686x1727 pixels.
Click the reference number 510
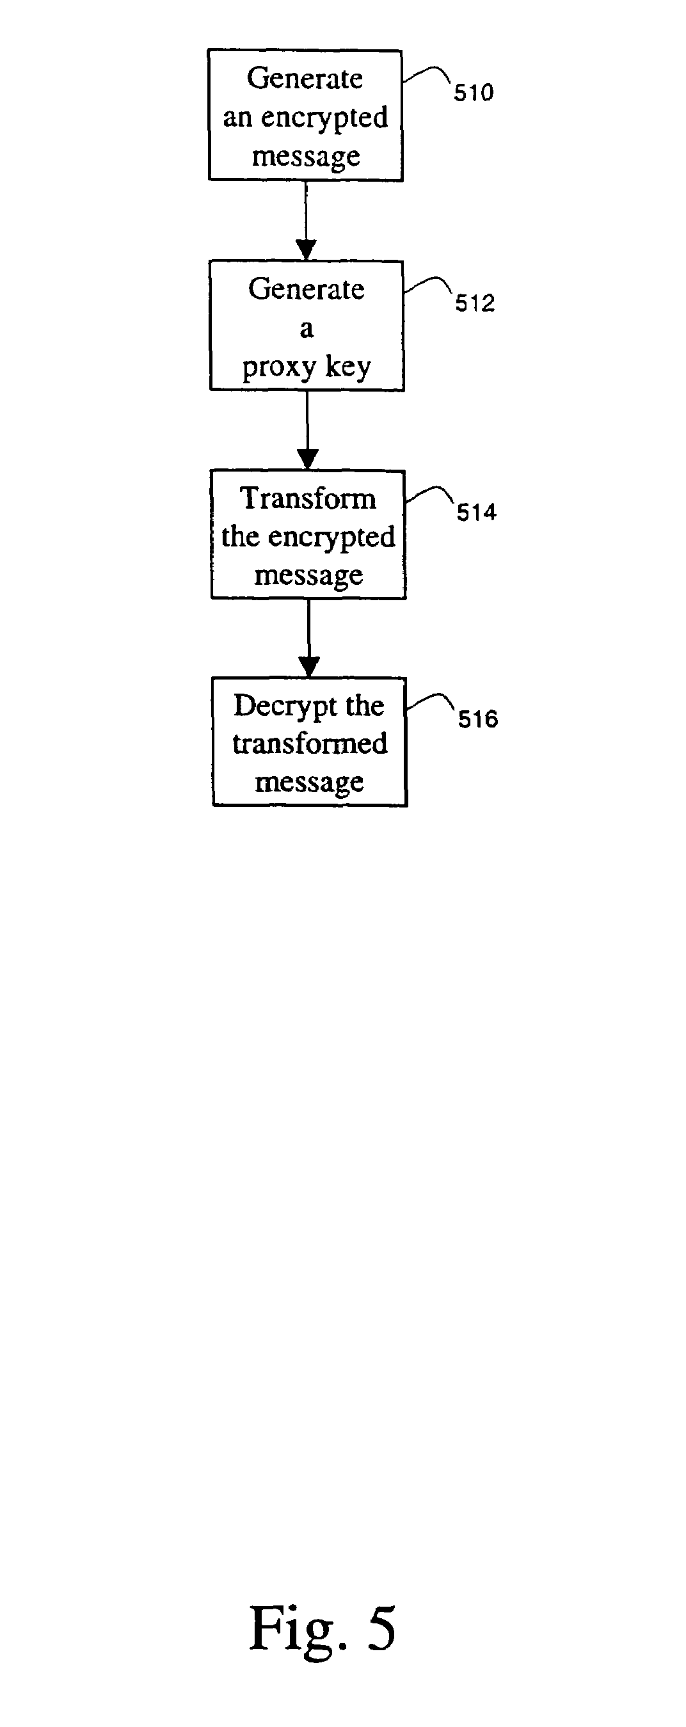[474, 93]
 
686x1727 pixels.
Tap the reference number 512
[475, 303]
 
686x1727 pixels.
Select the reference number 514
[477, 512]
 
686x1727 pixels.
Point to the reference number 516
[478, 719]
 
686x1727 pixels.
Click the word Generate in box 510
[305, 79]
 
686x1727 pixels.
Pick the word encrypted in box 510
[324, 118]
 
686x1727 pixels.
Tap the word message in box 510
[306, 156]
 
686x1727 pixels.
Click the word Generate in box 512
[307, 289]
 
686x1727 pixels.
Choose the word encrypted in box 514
[331, 537]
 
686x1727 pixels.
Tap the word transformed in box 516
[310, 744]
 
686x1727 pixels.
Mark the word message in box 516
[309, 783]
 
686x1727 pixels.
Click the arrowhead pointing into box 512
[307, 250]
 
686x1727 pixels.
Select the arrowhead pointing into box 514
[308, 459]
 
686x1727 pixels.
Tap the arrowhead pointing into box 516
[309, 667]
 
